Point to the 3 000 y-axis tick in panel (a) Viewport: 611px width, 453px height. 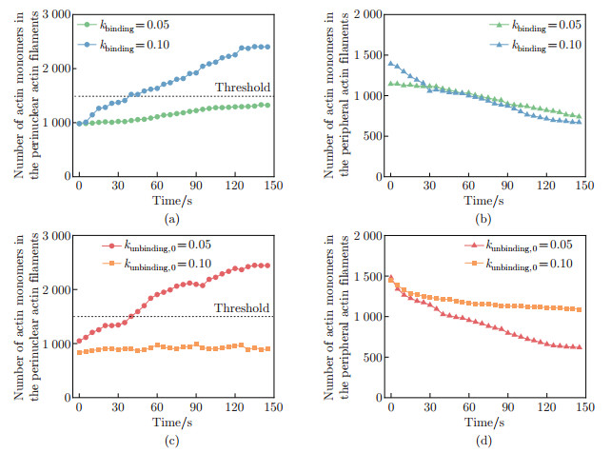click(52, 14)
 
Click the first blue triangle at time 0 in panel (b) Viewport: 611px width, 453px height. click(390, 64)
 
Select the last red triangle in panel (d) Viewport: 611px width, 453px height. click(579, 346)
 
